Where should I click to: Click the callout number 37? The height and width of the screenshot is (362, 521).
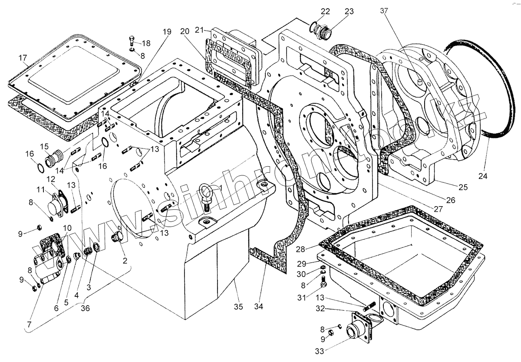[x=384, y=11]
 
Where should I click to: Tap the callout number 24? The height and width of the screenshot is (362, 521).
[x=483, y=176]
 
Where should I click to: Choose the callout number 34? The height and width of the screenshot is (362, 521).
[x=259, y=307]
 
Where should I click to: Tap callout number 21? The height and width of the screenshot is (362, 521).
[x=199, y=30]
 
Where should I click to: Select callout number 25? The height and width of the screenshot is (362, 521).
[x=463, y=187]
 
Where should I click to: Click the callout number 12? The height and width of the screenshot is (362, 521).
[x=51, y=179]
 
